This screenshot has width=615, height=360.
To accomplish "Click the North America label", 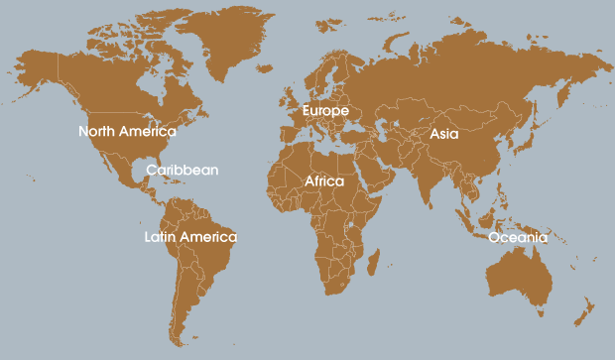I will (127, 131).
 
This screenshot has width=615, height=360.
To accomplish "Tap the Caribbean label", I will (182, 170).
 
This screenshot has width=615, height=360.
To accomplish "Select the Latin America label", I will (190, 237).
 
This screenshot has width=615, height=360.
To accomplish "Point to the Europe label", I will (325, 110).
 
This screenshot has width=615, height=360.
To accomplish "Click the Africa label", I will (324, 181).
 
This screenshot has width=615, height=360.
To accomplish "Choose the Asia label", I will (443, 133).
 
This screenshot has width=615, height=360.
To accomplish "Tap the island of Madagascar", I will (373, 262).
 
